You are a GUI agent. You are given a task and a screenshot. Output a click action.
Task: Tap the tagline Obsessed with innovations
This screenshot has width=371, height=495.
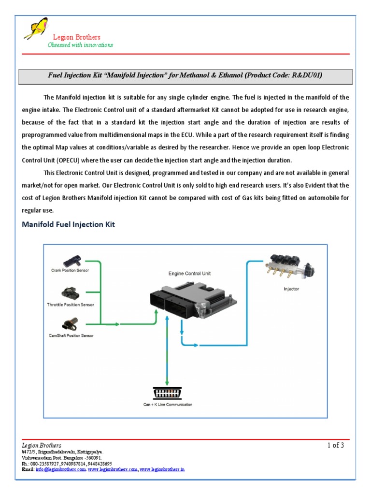point(80,45)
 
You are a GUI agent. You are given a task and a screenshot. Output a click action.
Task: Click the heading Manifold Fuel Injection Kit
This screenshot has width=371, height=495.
point(68,224)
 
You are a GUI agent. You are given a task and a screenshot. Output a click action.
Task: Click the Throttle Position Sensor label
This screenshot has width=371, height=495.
point(71,305)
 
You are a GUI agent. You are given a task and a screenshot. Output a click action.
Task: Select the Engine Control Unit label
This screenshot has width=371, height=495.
point(189,274)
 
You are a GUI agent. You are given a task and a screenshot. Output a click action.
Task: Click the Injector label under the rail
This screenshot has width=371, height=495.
point(291,289)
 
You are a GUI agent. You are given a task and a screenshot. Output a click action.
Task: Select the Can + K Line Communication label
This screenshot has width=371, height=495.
point(166,405)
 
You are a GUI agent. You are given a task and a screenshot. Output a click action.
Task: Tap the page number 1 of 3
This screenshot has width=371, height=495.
point(335,446)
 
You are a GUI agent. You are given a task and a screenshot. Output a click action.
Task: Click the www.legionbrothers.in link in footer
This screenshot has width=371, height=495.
point(162,469)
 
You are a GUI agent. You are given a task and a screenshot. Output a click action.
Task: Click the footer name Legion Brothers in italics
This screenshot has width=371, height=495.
point(42,445)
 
